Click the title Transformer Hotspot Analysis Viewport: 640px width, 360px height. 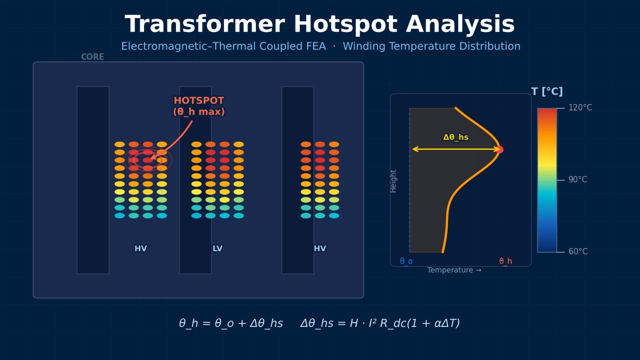pyautogui.click(x=319, y=25)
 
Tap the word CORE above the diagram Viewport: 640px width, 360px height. pyautogui.click(x=92, y=57)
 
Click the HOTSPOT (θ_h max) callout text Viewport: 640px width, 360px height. pyautogui.click(x=199, y=106)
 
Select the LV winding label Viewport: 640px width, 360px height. pyautogui.click(x=218, y=249)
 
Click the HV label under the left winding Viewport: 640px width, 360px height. pyautogui.click(x=141, y=249)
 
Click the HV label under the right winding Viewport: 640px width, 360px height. pyautogui.click(x=320, y=249)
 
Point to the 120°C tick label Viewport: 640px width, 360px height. pyautogui.click(x=580, y=108)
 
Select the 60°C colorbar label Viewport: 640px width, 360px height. pyautogui.click(x=578, y=252)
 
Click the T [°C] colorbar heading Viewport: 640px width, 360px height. pyautogui.click(x=547, y=92)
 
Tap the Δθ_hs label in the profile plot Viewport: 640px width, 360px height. pyautogui.click(x=455, y=138)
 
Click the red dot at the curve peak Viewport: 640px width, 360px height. pyautogui.click(x=499, y=149)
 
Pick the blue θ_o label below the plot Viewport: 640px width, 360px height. pyautogui.click(x=406, y=261)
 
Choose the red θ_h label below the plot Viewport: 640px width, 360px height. pyautogui.click(x=506, y=261)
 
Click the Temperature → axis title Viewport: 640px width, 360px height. pyautogui.click(x=454, y=270)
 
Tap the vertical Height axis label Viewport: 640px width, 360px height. pyautogui.click(x=394, y=181)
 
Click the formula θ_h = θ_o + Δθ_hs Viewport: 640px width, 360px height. pyautogui.click(x=231, y=324)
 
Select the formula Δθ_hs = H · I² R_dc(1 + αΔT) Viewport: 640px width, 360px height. pyautogui.click(x=380, y=324)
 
